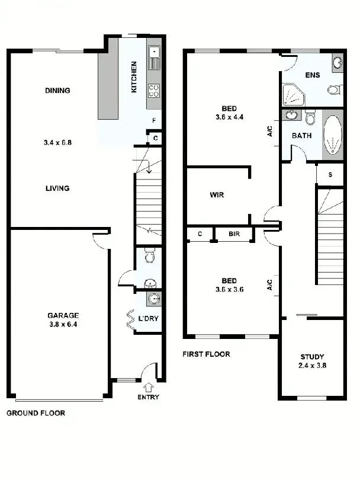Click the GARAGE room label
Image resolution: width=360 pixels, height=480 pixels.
pos(63,316)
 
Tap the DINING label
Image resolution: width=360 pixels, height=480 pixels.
pos(57,91)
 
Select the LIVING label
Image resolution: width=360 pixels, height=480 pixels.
pos(57,188)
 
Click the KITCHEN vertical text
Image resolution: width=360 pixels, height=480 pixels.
pos(134,76)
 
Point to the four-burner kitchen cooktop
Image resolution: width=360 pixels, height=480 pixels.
pos(154,91)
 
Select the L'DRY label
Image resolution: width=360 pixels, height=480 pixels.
pos(148,319)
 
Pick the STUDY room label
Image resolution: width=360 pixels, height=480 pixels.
pos(312,357)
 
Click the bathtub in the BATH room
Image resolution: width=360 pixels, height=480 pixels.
pos(333,135)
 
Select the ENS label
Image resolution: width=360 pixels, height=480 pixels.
pos(312,75)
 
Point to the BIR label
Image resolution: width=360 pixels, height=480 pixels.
pos(234,235)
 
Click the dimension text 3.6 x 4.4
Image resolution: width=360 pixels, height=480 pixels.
pos(229,117)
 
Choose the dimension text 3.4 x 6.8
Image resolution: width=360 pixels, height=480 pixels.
pos(57,143)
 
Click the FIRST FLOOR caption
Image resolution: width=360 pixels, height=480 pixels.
pos(207,354)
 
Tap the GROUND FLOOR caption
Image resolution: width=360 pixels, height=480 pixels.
pos(36,413)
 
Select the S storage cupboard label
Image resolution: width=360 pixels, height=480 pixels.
pos(329,174)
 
